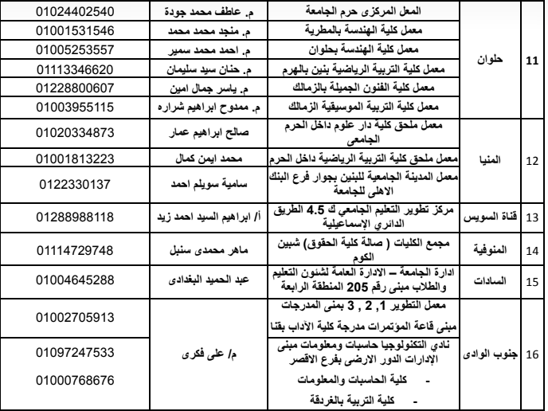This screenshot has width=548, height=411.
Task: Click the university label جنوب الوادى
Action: pyautogui.click(x=495, y=351)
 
